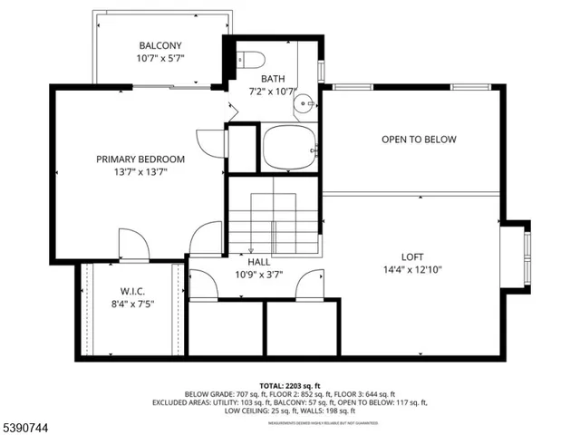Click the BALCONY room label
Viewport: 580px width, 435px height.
[x=160, y=45]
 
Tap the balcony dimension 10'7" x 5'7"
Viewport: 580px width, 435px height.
[x=160, y=60]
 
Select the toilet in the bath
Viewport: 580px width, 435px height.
[x=252, y=61]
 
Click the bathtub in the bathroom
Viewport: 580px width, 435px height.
[x=289, y=148]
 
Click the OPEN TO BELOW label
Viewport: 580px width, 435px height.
[x=418, y=140]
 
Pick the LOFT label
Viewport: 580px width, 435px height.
[x=412, y=256]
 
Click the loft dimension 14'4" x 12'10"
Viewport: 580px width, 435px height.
[x=412, y=269]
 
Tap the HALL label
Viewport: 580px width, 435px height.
[x=259, y=262]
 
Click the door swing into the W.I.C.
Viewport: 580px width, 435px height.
[x=132, y=243]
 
